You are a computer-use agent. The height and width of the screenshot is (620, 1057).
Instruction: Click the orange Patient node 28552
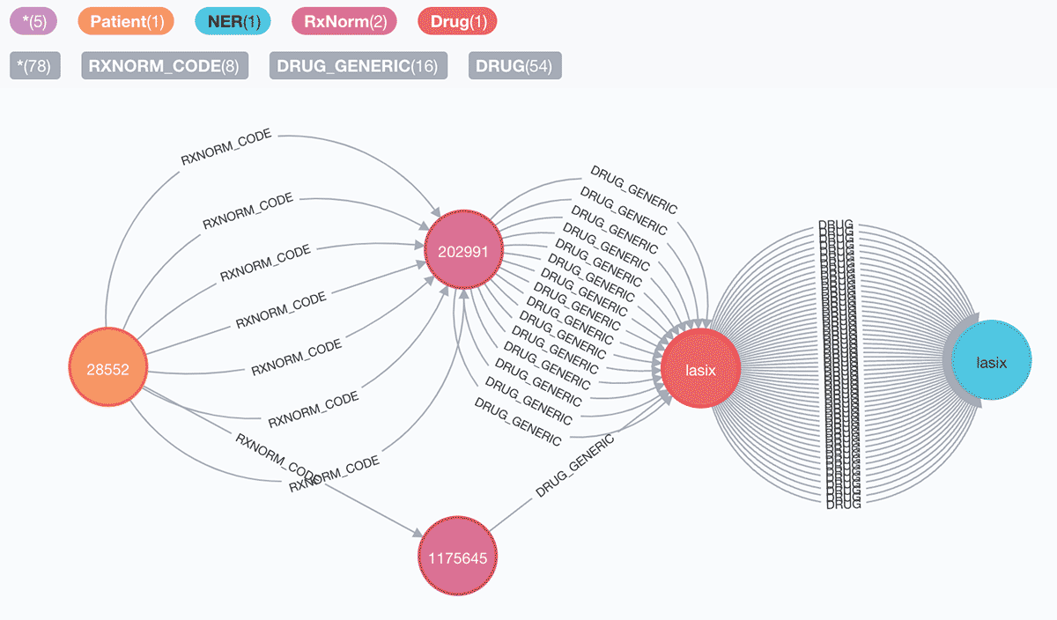click(x=107, y=369)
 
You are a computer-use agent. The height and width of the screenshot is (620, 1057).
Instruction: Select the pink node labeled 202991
click(x=463, y=250)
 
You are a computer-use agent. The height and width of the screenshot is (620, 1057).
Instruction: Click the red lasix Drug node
click(x=700, y=370)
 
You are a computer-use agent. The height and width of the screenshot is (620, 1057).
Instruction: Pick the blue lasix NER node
click(x=991, y=361)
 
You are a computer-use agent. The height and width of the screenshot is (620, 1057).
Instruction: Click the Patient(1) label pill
click(x=126, y=21)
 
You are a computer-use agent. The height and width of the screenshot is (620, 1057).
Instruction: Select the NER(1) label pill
click(x=233, y=21)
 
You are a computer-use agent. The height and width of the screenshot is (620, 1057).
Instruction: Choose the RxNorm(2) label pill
click(x=344, y=21)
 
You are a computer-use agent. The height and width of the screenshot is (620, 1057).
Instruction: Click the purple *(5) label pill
click(x=34, y=21)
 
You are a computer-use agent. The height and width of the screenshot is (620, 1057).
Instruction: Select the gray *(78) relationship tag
click(x=34, y=66)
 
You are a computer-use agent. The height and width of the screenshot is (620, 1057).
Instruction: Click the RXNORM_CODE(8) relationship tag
click(x=166, y=66)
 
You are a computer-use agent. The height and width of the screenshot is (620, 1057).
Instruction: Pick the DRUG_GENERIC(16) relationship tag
click(x=358, y=66)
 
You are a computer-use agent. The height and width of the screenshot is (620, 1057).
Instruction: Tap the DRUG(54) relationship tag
click(x=515, y=66)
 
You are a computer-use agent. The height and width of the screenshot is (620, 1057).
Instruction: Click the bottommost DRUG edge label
click(x=844, y=504)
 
